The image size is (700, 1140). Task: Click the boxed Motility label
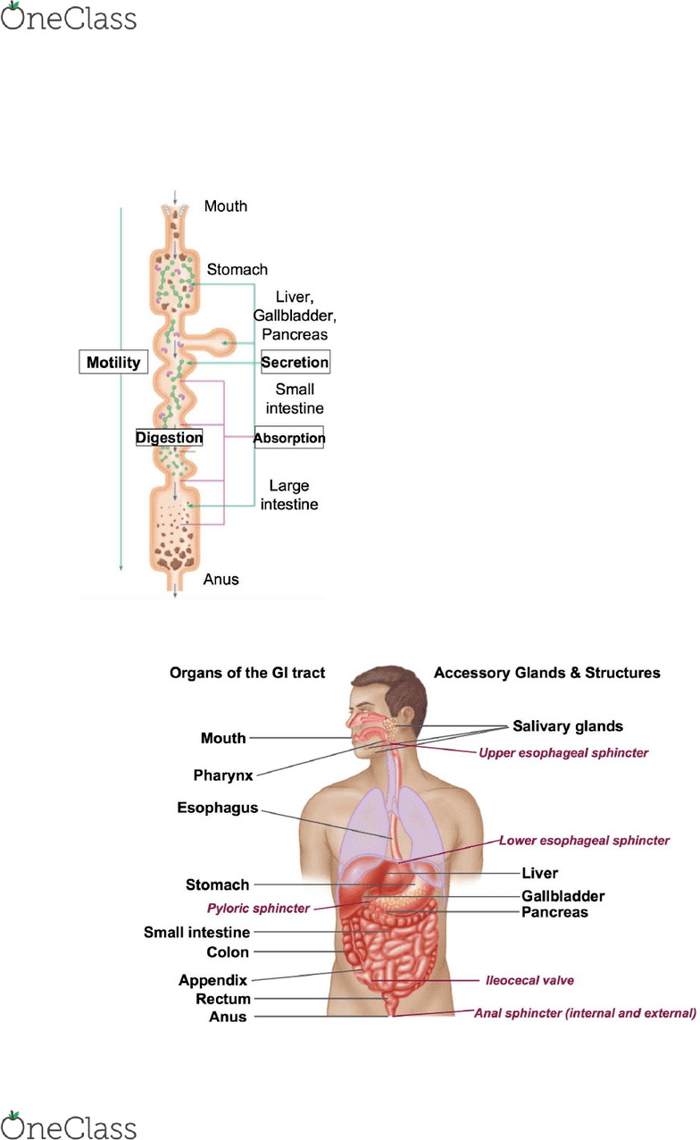pyautogui.click(x=113, y=362)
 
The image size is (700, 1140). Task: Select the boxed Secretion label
pyautogui.click(x=295, y=362)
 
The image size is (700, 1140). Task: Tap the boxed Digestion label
pyautogui.click(x=169, y=438)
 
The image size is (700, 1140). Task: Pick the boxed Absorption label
pyautogui.click(x=289, y=438)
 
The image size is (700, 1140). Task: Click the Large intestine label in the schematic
pyautogui.click(x=289, y=495)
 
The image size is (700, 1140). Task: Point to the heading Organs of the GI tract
pyautogui.click(x=247, y=673)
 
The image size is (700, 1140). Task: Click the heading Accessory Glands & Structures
pyautogui.click(x=546, y=673)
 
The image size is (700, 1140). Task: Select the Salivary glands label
pyautogui.click(x=568, y=726)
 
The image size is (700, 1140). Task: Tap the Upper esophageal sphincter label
pyautogui.click(x=563, y=753)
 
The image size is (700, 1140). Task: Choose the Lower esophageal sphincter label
pyautogui.click(x=584, y=840)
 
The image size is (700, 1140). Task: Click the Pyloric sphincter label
pyautogui.click(x=258, y=909)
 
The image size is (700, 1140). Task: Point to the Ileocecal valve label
pyautogui.click(x=529, y=980)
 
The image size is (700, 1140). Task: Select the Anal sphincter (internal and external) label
pyautogui.click(x=585, y=1013)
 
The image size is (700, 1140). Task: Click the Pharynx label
pyautogui.click(x=223, y=775)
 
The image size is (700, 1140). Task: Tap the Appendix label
pyautogui.click(x=212, y=980)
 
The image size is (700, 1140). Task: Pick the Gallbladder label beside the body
pyautogui.click(x=563, y=896)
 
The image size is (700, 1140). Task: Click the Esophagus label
pyautogui.click(x=218, y=809)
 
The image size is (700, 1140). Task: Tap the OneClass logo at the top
pyautogui.click(x=69, y=17)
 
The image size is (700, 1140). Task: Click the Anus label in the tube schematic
pyautogui.click(x=221, y=579)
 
